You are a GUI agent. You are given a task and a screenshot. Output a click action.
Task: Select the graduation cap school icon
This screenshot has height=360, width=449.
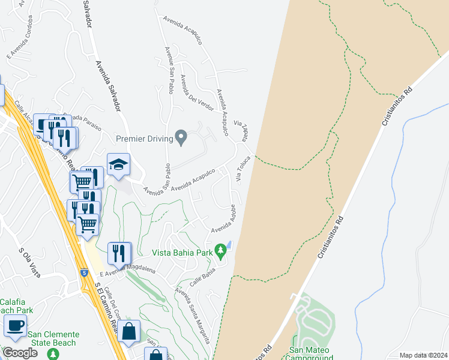coord(119,165)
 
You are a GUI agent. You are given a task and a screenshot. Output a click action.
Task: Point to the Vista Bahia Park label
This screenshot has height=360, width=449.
coord(182,253)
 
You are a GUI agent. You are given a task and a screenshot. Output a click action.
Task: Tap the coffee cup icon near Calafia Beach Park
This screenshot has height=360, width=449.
coord(14,326)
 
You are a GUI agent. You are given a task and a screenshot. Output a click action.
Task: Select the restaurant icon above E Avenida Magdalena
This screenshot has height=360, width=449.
coord(119,253)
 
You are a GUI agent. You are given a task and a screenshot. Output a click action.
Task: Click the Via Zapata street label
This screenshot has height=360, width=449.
coord(244,129)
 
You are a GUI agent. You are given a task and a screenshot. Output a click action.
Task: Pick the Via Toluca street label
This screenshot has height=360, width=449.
coord(243,169)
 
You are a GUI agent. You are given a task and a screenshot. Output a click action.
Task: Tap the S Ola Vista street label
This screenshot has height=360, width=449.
coord(29,262)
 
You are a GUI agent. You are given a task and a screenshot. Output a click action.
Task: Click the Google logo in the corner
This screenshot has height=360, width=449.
coord(20,353)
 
